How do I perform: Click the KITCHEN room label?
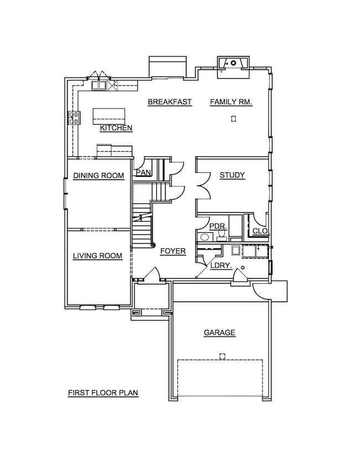pyautogui.click(x=116, y=128)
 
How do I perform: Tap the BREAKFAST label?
pyautogui.click(x=169, y=102)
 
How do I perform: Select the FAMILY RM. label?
pyautogui.click(x=231, y=102)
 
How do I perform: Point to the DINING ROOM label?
pyautogui.click(x=99, y=176)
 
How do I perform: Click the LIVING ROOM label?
pyautogui.click(x=97, y=255)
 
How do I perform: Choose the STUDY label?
pyautogui.click(x=232, y=175)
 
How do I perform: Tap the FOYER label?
pyautogui.click(x=173, y=251)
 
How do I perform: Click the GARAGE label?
pyautogui.click(x=219, y=332)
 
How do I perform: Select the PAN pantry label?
pyautogui.click(x=143, y=173)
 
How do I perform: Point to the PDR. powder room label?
pyautogui.click(x=218, y=227)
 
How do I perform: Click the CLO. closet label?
pyautogui.click(x=260, y=231)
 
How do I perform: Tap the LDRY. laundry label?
pyautogui.click(x=221, y=265)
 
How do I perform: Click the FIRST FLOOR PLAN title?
pyautogui.click(x=103, y=393)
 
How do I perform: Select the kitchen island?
pyautogui.click(x=109, y=116)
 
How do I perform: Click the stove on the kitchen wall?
pyautogui.click(x=74, y=117)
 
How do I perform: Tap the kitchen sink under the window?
pyautogui.click(x=99, y=85)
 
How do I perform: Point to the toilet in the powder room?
pyautogui.click(x=222, y=234)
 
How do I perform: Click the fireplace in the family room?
pyautogui.click(x=233, y=67)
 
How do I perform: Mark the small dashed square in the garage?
pyautogui.click(x=222, y=356)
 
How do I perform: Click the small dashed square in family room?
pyautogui.click(x=234, y=119)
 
